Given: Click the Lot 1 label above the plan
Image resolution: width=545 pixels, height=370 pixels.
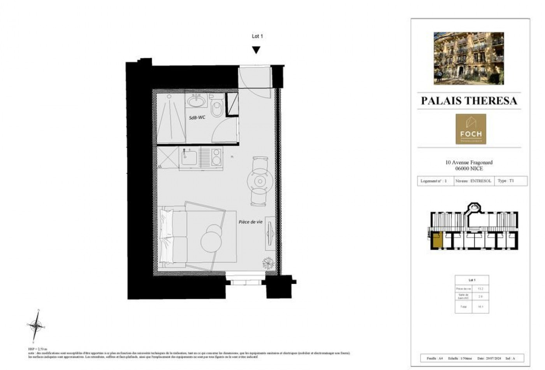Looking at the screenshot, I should tap(257, 36).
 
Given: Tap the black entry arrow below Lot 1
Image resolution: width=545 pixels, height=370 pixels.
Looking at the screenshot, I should tap(256, 50).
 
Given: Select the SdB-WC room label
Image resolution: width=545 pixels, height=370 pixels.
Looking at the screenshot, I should tap(197, 117).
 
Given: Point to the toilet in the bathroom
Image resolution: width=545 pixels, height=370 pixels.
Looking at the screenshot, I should tap(216, 107).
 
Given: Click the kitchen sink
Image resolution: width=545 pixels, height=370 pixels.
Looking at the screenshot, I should tap(189, 158).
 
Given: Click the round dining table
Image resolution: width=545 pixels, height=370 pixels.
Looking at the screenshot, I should tap(259, 181).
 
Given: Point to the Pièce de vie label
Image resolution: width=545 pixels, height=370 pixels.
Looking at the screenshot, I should tap(250, 222).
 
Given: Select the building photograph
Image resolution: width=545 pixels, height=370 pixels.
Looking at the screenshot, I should tap(469, 58).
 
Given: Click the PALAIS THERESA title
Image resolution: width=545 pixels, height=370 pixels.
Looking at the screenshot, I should tap(469, 100).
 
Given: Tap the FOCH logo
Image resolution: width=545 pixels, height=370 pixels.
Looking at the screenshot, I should tap(471, 129).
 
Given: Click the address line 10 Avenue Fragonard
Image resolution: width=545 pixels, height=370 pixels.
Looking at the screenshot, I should tap(469, 162).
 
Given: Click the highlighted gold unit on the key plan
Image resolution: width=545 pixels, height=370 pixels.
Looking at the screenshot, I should tap(437, 240).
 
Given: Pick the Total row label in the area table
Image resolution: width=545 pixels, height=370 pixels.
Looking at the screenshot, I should tap(463, 307).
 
